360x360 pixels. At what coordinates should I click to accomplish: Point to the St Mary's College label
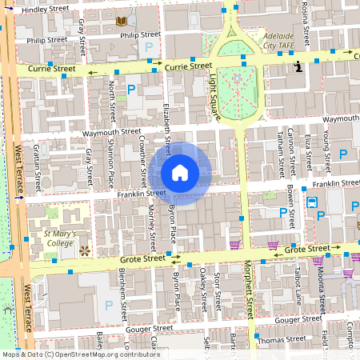pos(60,238)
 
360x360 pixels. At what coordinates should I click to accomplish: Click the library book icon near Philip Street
pos(122,22)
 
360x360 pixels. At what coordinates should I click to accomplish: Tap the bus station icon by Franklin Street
pos(311,202)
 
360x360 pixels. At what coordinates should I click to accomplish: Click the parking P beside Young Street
pos(343,153)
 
